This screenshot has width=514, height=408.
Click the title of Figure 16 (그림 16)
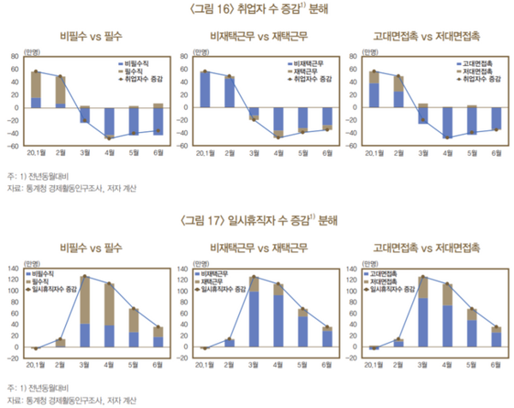point(256,10)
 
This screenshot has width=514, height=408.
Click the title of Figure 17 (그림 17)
point(256,220)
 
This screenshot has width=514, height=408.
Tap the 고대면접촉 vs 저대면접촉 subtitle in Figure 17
point(426,248)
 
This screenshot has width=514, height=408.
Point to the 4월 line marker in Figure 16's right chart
point(447,137)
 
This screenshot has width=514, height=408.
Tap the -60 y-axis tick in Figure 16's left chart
point(15,146)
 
